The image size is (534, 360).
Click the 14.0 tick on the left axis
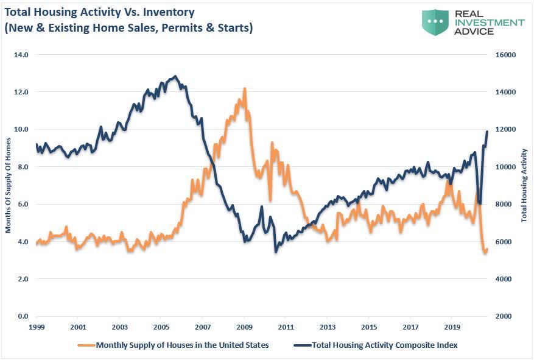[x=21, y=55]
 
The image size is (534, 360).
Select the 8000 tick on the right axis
[x=505, y=205]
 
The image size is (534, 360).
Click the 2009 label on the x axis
[x=244, y=327]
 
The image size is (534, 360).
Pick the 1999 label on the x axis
[x=36, y=327]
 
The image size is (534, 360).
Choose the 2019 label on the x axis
[x=452, y=327]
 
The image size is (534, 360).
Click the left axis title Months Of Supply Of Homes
[x=9, y=186]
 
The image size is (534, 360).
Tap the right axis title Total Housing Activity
[x=524, y=185]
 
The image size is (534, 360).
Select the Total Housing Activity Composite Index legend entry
[x=384, y=345]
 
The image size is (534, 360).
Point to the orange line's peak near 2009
[x=244, y=88]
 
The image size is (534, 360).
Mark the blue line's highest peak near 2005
[x=175, y=76]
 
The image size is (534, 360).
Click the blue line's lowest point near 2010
[x=276, y=252]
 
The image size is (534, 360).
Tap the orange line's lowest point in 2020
[x=485, y=253]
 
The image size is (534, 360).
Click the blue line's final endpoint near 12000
[x=487, y=132]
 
